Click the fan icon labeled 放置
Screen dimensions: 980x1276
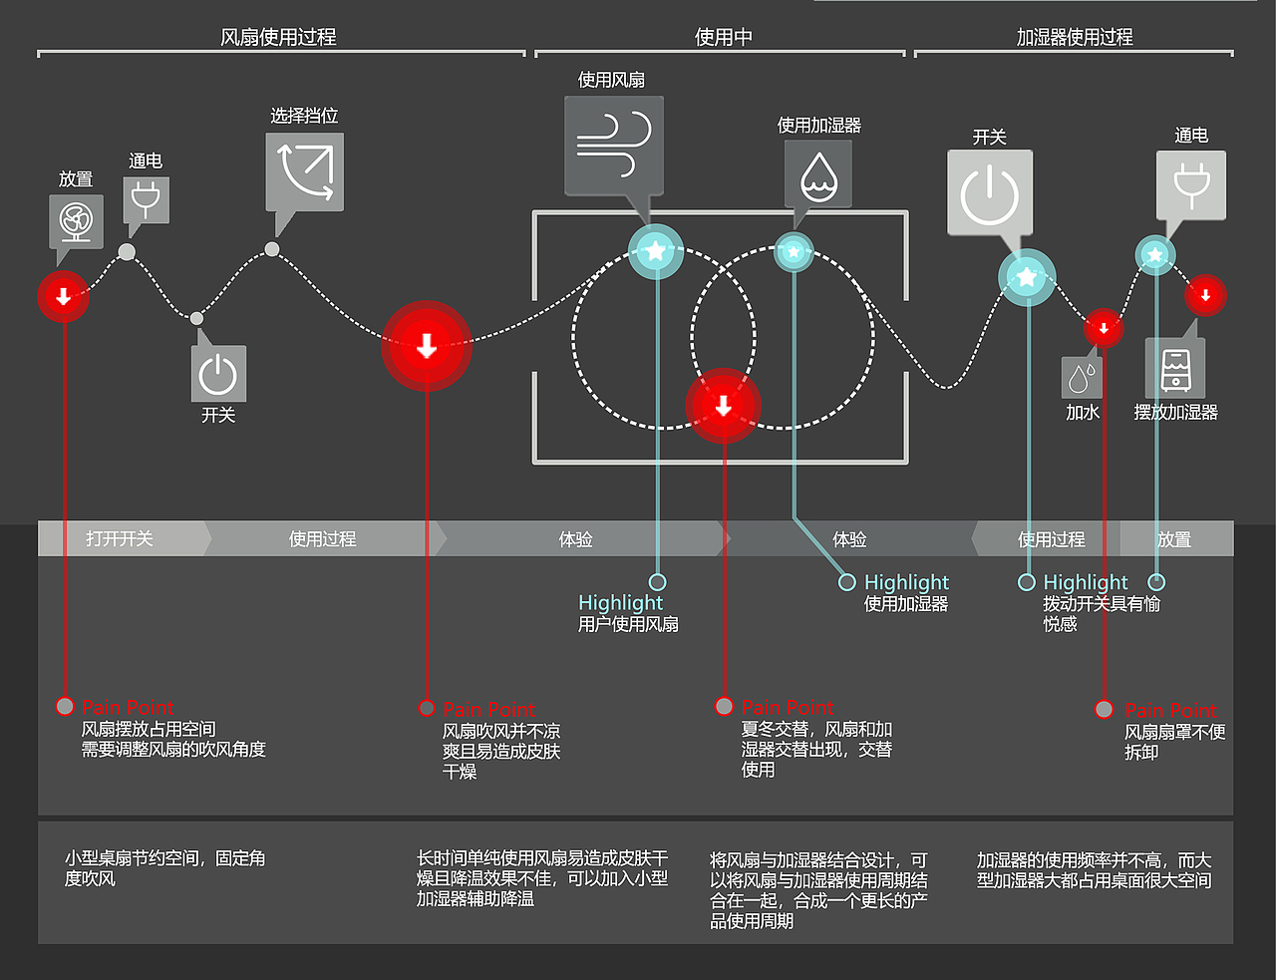[76, 221]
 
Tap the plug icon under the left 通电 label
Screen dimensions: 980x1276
[146, 199]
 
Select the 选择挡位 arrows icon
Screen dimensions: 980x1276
[305, 171]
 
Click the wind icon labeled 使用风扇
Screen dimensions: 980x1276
[613, 146]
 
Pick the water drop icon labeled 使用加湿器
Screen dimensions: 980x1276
[818, 174]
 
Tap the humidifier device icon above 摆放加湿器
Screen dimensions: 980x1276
[1175, 369]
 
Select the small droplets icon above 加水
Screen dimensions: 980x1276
[1082, 378]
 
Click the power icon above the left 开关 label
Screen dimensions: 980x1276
[218, 374]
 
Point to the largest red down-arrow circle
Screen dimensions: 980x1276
[427, 346]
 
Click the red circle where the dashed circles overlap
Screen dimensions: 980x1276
[724, 406]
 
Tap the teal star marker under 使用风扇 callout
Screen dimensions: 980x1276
[655, 251]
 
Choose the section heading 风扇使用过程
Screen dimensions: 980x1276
[278, 37]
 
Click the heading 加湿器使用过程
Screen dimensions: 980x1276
[1074, 37]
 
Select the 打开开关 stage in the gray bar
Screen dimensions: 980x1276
[120, 538]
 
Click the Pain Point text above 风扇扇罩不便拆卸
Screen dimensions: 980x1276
[1170, 710]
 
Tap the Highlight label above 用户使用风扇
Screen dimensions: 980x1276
[620, 602]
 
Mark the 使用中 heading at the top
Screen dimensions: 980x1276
[723, 37]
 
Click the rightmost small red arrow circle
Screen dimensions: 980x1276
[1205, 295]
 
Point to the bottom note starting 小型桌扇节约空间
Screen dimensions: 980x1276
[165, 868]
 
